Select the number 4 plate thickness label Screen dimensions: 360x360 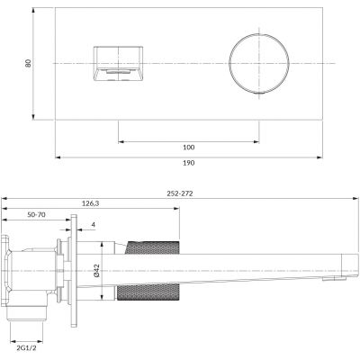[94, 225]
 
